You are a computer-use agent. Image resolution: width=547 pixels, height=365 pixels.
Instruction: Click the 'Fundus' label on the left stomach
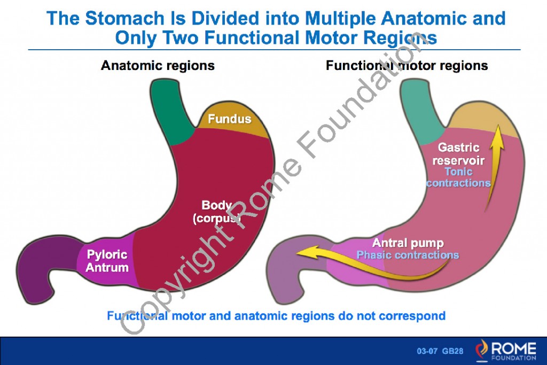(x=229, y=119)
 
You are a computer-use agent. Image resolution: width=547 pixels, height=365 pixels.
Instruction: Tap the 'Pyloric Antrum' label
(x=107, y=260)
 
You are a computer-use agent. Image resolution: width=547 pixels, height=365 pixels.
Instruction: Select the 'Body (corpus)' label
(x=216, y=212)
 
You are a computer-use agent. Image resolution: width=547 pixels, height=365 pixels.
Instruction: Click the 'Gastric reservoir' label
(x=458, y=154)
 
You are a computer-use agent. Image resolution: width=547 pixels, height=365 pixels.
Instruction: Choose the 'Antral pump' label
(x=408, y=243)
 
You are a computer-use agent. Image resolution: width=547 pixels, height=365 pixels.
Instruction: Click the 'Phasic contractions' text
(x=408, y=255)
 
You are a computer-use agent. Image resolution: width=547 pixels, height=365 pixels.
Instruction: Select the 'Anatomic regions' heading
(x=158, y=66)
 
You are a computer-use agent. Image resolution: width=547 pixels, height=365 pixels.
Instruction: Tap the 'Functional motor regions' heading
(x=407, y=66)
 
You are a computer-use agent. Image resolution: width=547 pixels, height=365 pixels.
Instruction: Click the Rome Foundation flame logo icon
(x=481, y=350)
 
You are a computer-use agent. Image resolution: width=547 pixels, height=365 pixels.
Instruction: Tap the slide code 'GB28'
(x=452, y=351)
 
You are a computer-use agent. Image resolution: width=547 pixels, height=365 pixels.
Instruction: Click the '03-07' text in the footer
(x=427, y=351)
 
